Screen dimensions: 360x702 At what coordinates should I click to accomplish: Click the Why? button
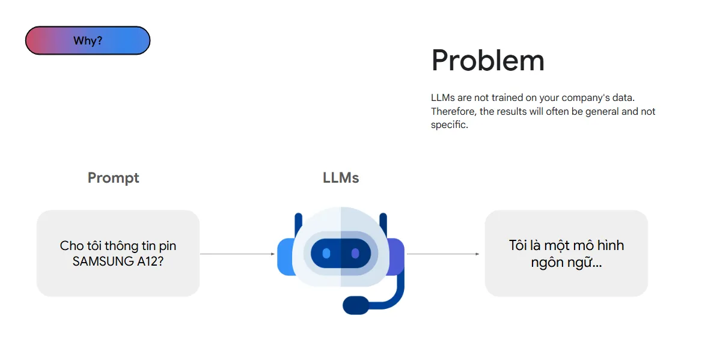click(88, 41)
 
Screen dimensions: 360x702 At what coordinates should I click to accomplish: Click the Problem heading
click(487, 61)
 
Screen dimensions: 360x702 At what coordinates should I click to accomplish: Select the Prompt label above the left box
click(113, 178)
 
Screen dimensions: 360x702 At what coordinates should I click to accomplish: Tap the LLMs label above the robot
click(341, 178)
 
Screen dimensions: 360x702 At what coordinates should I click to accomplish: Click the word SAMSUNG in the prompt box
click(100, 261)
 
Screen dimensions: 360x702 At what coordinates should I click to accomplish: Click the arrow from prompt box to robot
click(237, 254)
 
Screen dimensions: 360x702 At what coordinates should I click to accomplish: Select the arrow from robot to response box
click(443, 254)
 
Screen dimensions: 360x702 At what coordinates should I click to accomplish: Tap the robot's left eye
click(326, 254)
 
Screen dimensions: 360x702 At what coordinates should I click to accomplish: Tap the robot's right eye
click(355, 254)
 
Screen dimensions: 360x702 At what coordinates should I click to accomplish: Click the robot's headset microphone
click(355, 305)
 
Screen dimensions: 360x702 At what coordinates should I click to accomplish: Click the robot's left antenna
click(298, 225)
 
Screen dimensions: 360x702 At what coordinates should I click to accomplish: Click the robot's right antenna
click(383, 225)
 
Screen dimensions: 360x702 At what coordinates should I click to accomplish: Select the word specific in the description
click(448, 126)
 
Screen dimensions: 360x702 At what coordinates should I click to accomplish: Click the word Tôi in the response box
click(517, 245)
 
